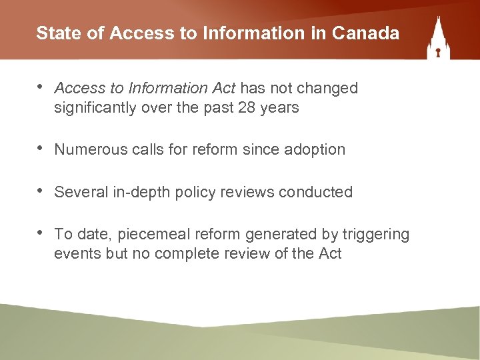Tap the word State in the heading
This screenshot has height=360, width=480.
click(x=54, y=33)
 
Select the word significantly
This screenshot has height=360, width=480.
click(x=96, y=107)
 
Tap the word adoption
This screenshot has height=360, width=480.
click(x=317, y=149)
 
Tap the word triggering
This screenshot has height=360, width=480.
click(x=376, y=234)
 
